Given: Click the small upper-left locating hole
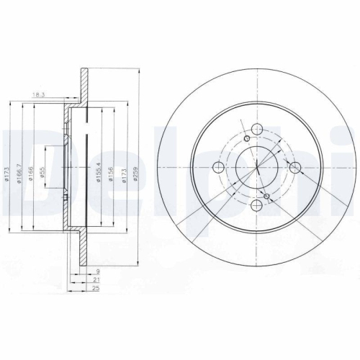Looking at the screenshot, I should tap(248, 139).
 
